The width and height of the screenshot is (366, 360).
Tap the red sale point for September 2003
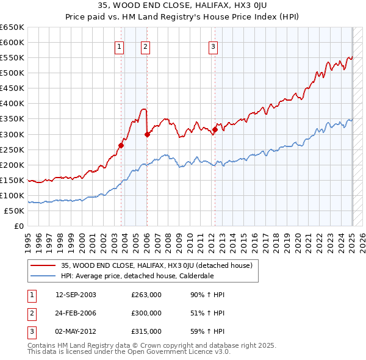point(121,145)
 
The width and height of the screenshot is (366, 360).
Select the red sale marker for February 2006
point(147,134)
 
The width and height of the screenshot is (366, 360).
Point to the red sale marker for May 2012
point(215,129)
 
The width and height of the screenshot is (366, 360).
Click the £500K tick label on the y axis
point(12,73)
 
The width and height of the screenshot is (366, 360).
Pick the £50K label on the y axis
point(15,211)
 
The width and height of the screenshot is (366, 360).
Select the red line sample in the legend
point(43,265)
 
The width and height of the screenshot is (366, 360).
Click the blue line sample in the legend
point(43,275)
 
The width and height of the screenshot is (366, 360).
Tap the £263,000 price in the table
point(146,295)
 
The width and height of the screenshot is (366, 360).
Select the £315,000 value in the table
point(146,331)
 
